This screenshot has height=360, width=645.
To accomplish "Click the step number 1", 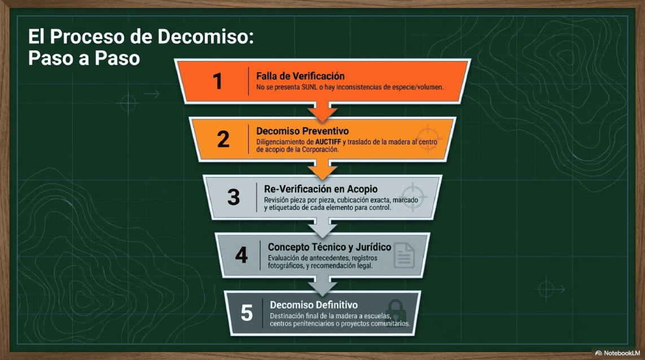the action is click(218, 81).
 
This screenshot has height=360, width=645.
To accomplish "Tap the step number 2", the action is click(223, 139).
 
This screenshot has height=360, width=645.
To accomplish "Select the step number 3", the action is click(234, 197).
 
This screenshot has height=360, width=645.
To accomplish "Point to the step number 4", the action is click(241, 255).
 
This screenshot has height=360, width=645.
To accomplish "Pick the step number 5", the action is click(247, 313).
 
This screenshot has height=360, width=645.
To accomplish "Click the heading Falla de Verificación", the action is click(300, 76).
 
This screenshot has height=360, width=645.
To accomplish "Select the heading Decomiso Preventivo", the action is click(302, 131).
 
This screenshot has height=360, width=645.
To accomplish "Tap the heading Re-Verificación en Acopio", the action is click(321, 189).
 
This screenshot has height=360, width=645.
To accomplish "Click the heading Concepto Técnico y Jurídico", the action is click(330, 247).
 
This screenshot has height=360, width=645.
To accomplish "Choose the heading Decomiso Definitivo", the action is click(314, 305).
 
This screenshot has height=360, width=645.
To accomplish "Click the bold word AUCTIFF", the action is click(328, 142).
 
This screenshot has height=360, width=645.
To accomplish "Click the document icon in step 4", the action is click(404, 255).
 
